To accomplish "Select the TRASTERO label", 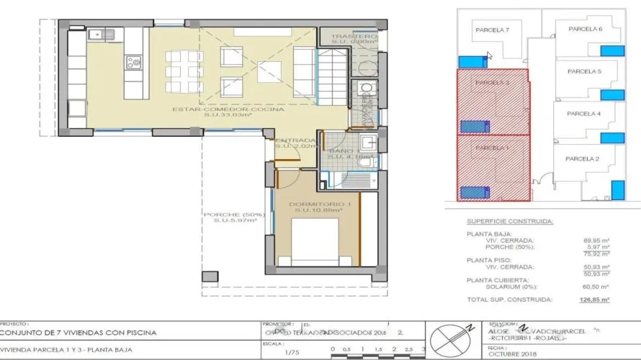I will [x=354, y=36].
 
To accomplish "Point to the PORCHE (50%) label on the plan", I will [x=234, y=215].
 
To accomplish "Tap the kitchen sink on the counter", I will [x=96, y=34].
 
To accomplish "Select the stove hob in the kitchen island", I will [x=134, y=63].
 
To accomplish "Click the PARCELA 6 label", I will [x=585, y=29].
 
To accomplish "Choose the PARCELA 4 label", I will [x=583, y=114].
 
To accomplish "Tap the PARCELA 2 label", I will [x=583, y=158].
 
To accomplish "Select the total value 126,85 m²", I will [x=596, y=299].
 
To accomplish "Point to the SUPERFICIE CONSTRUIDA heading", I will [x=510, y=222].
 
